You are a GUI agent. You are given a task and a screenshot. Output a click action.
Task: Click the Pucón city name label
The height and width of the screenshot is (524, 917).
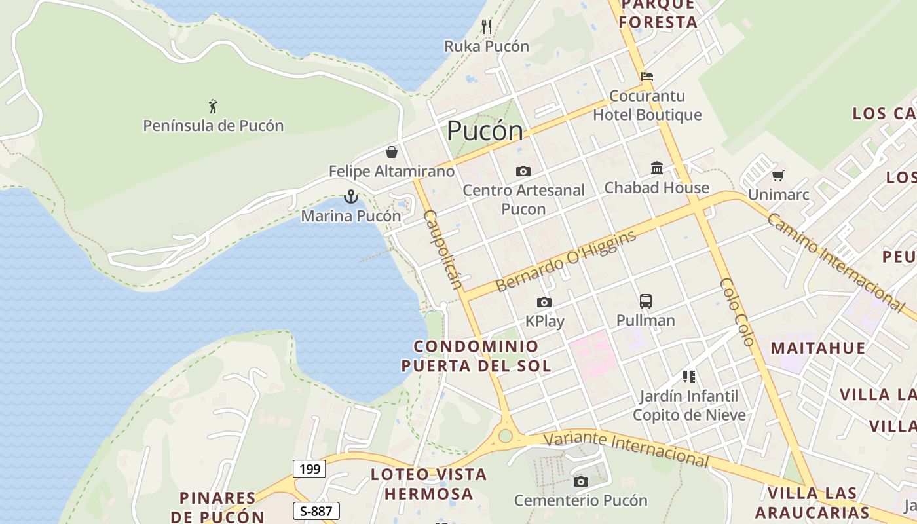click(485, 132)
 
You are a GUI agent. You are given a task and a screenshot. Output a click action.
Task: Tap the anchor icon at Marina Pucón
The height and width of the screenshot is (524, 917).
click(351, 196)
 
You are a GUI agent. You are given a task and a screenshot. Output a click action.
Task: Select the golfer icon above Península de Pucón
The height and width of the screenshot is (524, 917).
click(213, 106)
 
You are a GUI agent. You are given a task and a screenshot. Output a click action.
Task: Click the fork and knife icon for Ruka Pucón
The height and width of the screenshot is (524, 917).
click(486, 27)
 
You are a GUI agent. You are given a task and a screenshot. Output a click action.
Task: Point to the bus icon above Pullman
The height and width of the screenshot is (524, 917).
click(646, 301)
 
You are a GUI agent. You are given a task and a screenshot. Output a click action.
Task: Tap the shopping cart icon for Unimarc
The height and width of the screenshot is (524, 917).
click(778, 176)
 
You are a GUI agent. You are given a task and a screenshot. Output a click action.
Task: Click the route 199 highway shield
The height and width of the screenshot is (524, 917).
click(309, 469)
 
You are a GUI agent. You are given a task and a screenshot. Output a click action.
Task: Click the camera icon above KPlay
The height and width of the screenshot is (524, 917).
click(544, 303)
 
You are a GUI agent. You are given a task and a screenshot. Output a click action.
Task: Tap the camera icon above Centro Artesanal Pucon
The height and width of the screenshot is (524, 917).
click(523, 172)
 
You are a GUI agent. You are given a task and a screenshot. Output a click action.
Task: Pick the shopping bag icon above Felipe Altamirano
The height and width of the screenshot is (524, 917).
click(392, 153)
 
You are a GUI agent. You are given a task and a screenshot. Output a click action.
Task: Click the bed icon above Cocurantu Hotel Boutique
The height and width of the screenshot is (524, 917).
click(647, 77)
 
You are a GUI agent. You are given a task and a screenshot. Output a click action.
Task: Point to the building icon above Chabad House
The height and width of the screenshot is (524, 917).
click(657, 168)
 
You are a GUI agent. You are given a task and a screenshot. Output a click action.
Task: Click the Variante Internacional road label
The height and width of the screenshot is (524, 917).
click(626, 449)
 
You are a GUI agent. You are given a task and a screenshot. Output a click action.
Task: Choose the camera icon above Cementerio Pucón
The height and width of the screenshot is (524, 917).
click(580, 482)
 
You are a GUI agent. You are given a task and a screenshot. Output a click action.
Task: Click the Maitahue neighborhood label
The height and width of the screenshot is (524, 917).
click(817, 347)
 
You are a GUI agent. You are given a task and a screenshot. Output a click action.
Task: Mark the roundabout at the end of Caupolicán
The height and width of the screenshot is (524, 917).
click(505, 436)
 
